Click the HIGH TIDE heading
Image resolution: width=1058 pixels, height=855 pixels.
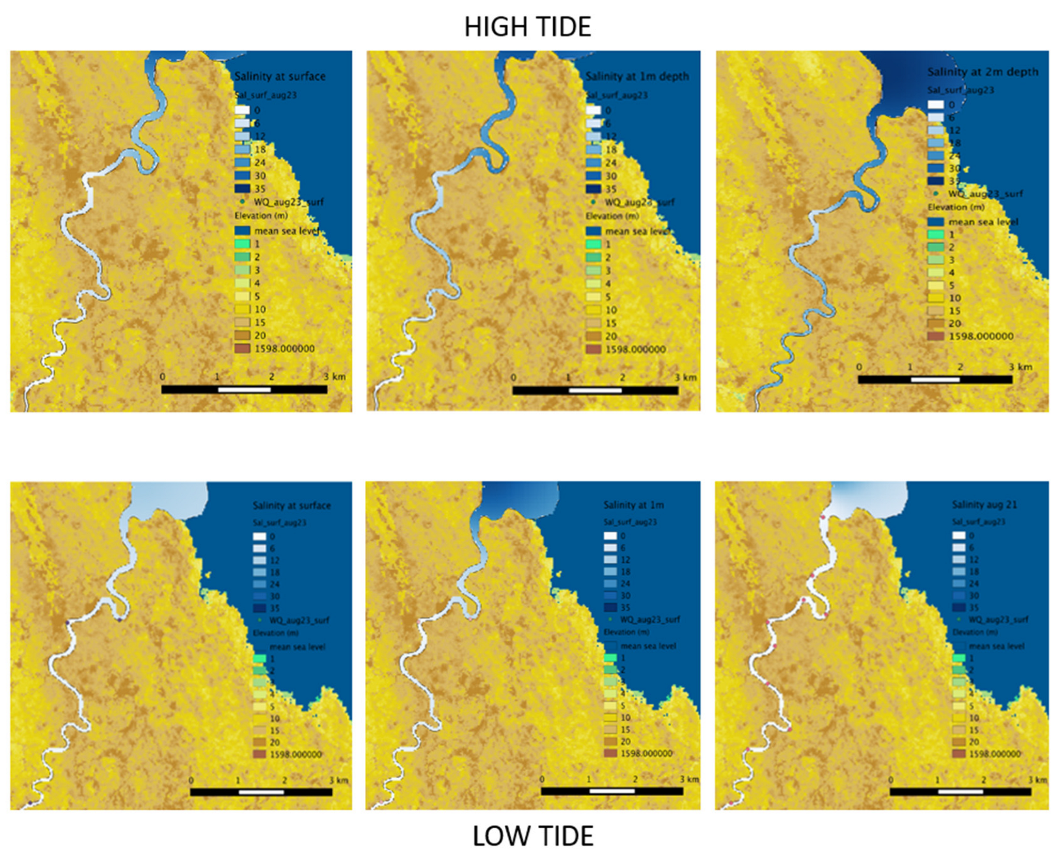pyautogui.click(x=528, y=27)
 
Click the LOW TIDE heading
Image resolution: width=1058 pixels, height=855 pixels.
pyautogui.click(x=532, y=836)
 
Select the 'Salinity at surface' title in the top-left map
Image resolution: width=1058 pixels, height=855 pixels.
pyautogui.click(x=280, y=76)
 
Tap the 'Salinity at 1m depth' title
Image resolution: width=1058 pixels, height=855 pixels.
pyautogui.click(x=637, y=76)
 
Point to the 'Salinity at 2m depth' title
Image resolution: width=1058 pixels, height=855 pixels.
pyautogui.click(x=983, y=72)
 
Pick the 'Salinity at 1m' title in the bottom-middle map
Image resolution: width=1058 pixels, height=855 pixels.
pyautogui.click(x=633, y=504)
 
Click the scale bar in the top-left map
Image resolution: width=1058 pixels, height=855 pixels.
pyautogui.click(x=244, y=390)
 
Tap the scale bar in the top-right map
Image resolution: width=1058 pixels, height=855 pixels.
pyautogui.click(x=935, y=379)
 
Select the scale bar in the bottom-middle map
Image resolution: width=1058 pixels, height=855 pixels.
pyautogui.click(x=612, y=791)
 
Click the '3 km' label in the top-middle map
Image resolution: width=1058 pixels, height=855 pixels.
pyautogui.click(x=686, y=377)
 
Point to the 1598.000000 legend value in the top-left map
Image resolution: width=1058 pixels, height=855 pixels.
pyautogui.click(x=284, y=349)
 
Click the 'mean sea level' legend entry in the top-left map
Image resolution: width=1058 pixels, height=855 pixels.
pyautogui.click(x=286, y=231)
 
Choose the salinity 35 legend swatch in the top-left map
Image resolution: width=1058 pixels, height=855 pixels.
pyautogui.click(x=242, y=189)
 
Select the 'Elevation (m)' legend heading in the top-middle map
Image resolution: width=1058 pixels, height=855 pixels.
pyautogui.click(x=612, y=216)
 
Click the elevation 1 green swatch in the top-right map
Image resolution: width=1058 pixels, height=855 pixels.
pyautogui.click(x=936, y=234)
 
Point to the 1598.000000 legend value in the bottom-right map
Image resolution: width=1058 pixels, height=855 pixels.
pyautogui.click(x=994, y=753)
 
